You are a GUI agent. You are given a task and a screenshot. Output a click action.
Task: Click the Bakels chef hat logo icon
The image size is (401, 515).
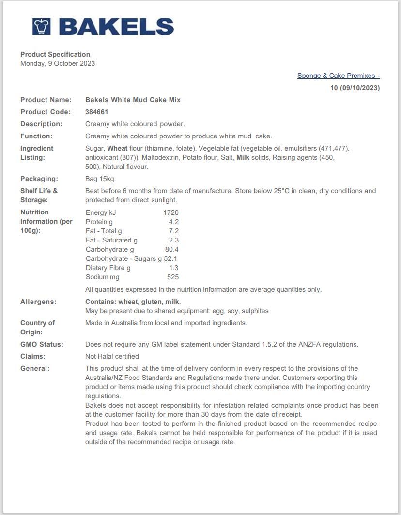click(42, 27)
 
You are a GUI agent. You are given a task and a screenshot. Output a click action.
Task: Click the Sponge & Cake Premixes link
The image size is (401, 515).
click(338, 76)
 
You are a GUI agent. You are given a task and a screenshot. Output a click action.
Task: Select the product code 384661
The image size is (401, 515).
click(97, 112)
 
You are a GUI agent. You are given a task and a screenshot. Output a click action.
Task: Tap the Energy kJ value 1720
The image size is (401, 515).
click(171, 212)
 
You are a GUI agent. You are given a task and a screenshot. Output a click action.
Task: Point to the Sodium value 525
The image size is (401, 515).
click(173, 277)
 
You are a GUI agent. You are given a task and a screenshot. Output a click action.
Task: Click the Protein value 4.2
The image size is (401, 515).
click(173, 222)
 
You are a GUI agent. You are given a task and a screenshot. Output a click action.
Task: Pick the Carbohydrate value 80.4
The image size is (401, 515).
click(171, 249)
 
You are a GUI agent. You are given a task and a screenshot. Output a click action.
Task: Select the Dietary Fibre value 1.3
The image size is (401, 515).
click(174, 268)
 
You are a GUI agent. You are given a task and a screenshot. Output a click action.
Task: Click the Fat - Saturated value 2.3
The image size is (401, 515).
click(173, 240)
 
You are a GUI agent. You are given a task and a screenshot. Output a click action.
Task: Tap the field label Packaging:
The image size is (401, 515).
click(39, 179)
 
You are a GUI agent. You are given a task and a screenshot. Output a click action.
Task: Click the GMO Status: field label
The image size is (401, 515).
click(42, 344)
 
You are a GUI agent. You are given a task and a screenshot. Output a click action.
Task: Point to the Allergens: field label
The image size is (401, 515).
click(38, 302)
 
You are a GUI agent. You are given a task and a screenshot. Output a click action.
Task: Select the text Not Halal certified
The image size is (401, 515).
click(112, 356)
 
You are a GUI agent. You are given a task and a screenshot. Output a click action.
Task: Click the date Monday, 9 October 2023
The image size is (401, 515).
click(58, 63)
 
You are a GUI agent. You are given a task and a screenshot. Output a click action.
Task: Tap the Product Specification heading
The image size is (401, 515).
click(55, 54)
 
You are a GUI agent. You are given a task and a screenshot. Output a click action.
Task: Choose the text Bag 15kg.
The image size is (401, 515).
click(100, 179)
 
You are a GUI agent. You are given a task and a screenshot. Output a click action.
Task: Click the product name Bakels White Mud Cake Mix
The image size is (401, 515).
click(133, 100)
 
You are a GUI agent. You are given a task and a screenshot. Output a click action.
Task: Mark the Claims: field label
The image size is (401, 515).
click(33, 356)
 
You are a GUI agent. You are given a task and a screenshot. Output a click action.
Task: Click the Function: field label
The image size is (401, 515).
click(36, 136)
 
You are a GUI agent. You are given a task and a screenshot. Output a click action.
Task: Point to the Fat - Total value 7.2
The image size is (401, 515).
click(173, 231)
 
